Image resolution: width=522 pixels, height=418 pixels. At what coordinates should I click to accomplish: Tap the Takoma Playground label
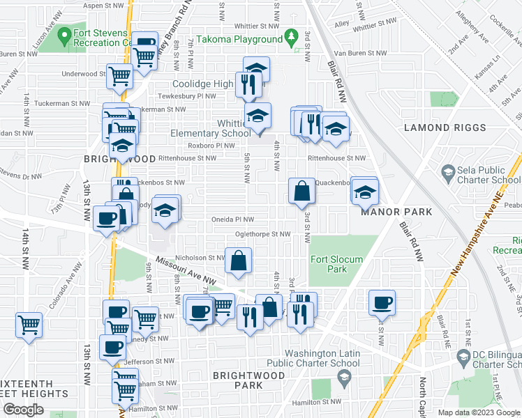241,38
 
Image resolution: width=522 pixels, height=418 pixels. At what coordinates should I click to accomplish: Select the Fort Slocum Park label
336,264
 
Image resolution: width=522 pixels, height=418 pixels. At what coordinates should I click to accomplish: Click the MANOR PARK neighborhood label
396,211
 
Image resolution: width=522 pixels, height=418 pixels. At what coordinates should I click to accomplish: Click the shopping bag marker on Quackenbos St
301,190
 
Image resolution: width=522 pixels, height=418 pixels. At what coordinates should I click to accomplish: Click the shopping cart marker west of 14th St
29,325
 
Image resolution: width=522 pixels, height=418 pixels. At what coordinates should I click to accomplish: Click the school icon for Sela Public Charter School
447,171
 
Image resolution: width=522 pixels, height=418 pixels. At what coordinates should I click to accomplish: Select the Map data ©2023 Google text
479,412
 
